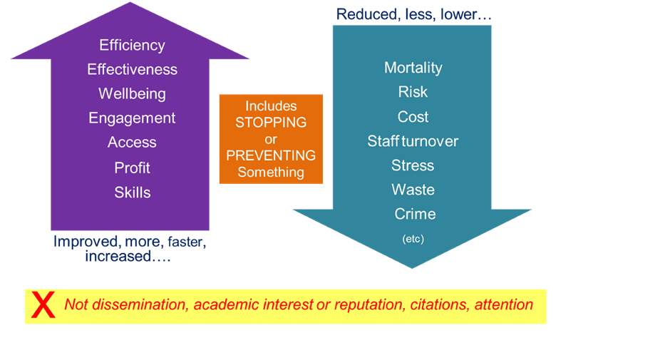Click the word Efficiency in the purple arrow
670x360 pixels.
(x=132, y=46)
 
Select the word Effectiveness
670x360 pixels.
(x=132, y=70)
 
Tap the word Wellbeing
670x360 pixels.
(x=132, y=94)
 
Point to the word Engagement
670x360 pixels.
(x=132, y=118)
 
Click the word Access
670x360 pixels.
(x=132, y=143)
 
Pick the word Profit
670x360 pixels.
(x=132, y=168)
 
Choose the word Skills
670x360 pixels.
(x=132, y=192)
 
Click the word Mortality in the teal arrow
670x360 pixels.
(x=413, y=68)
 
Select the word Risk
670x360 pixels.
(x=413, y=92)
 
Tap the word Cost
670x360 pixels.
(x=413, y=117)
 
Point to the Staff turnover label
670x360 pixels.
(x=413, y=141)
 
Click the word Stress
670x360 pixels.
(x=413, y=165)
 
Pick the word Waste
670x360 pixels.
(x=413, y=190)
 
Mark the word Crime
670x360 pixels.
(x=415, y=214)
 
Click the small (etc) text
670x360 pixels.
(x=413, y=239)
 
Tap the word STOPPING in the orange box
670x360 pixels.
(x=271, y=123)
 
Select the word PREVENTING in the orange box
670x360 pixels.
(x=271, y=155)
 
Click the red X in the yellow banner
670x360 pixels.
(x=43, y=305)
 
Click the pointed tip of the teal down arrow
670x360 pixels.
(x=413, y=267)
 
